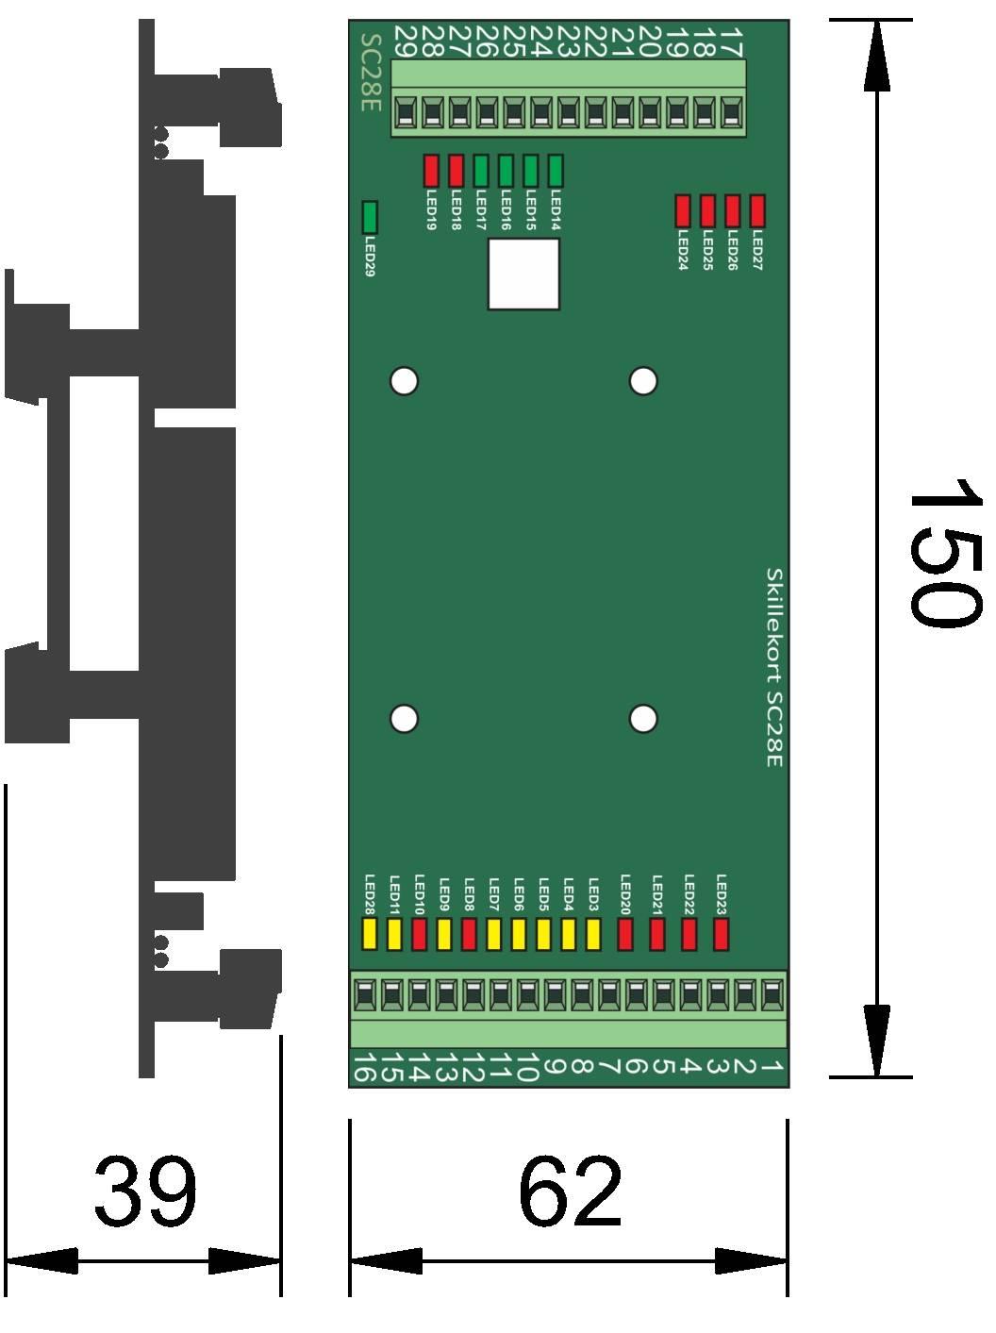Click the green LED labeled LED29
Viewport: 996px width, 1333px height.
tap(370, 217)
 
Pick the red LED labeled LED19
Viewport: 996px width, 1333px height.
tap(431, 171)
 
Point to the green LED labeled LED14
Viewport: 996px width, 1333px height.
tap(555, 171)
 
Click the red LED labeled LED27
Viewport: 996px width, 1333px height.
tap(756, 210)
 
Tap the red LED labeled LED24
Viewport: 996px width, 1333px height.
tap(683, 210)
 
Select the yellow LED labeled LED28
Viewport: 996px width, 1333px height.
tap(370, 934)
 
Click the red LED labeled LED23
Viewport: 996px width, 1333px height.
tap(722, 934)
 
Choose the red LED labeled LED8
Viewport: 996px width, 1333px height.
tap(469, 934)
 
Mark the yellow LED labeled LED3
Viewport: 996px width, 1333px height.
tap(593, 934)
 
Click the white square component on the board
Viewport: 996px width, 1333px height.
tap(523, 274)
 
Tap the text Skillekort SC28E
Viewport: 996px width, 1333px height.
tap(773, 666)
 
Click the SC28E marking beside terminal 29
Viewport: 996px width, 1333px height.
tap(371, 73)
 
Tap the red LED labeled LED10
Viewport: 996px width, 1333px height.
tap(420, 934)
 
